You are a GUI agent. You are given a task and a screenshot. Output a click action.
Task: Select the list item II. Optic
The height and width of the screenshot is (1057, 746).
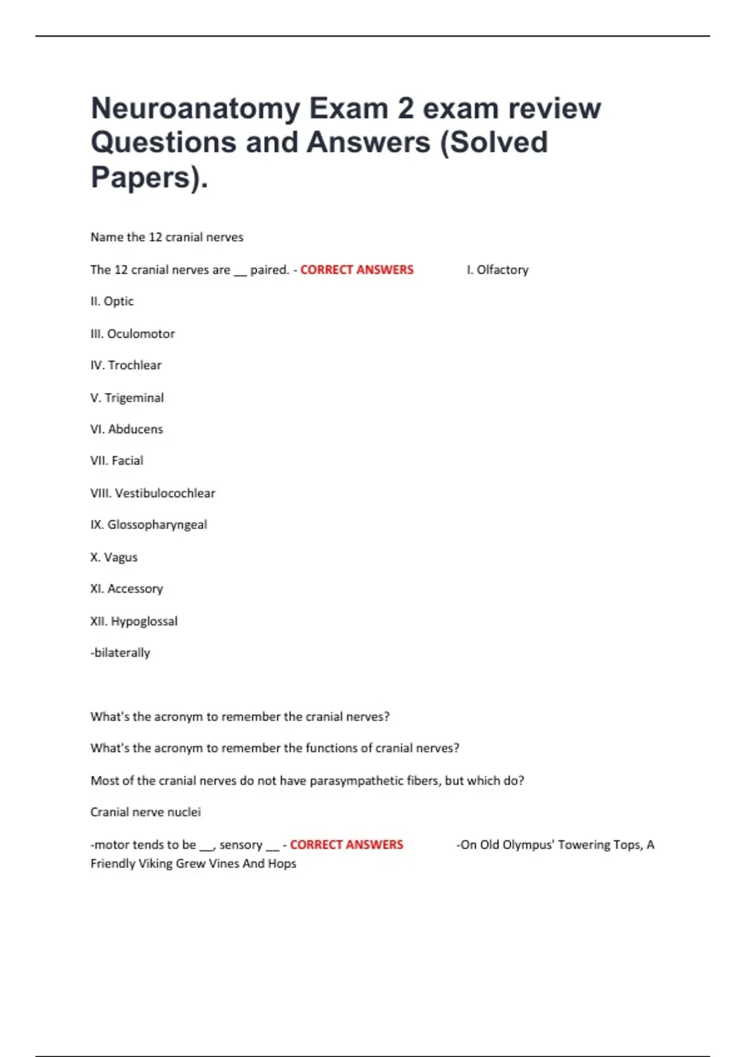pyautogui.click(x=112, y=302)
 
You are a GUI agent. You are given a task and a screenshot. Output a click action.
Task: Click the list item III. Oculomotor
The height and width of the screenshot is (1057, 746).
pyautogui.click(x=132, y=334)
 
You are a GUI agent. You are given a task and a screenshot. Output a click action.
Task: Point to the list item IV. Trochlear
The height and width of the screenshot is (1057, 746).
pyautogui.click(x=126, y=366)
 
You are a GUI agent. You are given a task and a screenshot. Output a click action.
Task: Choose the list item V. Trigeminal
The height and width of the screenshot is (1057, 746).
pyautogui.click(x=127, y=398)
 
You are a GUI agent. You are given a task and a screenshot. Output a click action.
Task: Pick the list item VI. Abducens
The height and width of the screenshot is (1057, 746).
pyautogui.click(x=126, y=430)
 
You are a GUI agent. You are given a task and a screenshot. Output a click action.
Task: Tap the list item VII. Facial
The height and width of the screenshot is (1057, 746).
pyautogui.click(x=116, y=461)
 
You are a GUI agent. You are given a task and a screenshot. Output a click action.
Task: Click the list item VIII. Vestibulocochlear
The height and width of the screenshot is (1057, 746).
pyautogui.click(x=152, y=494)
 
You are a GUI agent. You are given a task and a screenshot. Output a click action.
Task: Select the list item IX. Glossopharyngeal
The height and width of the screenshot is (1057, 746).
pyautogui.click(x=149, y=525)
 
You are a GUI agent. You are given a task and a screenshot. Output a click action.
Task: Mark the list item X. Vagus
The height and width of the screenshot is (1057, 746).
pyautogui.click(x=114, y=558)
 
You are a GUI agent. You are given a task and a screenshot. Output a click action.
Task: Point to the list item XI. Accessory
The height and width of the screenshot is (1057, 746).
pyautogui.click(x=126, y=589)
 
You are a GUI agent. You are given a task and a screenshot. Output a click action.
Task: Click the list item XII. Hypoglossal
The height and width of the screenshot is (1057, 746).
pyautogui.click(x=134, y=621)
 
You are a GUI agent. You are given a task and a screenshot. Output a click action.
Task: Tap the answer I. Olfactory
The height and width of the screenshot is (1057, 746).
pyautogui.click(x=497, y=270)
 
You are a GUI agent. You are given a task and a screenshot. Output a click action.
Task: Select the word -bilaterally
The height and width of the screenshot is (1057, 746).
pyautogui.click(x=121, y=653)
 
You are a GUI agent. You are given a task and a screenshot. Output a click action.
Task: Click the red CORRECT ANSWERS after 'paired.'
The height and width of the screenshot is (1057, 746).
pyautogui.click(x=357, y=270)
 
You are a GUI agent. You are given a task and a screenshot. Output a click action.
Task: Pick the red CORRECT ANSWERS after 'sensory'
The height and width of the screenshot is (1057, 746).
pyautogui.click(x=346, y=845)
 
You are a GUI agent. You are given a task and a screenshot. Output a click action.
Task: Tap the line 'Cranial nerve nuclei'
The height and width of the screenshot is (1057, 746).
pyautogui.click(x=145, y=813)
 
